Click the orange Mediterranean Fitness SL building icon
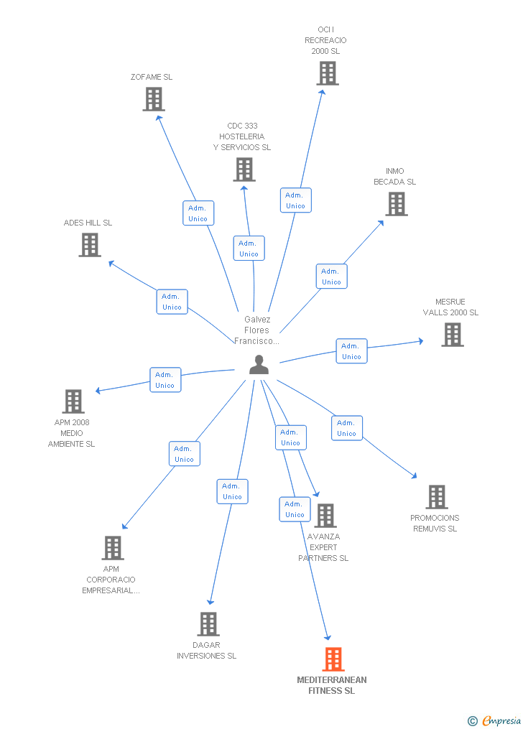tap(333, 659)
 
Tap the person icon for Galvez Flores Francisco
tap(259, 365)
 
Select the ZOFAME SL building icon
tap(154, 99)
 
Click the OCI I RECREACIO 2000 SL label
tap(325, 40)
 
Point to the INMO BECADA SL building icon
tap(397, 204)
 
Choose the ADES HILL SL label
tap(88, 223)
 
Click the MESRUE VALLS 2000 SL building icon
tap(453, 335)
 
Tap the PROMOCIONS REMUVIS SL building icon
tap(437, 497)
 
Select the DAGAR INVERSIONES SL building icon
tap(208, 624)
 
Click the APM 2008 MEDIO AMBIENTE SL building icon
tap(73, 401)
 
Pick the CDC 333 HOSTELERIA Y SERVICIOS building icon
tap(244, 170)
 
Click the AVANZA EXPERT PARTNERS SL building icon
tap(325, 515)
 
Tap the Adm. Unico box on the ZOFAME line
tap(198, 213)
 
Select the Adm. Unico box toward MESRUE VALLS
tap(351, 351)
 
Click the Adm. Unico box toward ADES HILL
tap(172, 302)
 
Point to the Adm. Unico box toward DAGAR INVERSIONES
tap(233, 491)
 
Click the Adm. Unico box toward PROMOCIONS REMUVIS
tap(347, 428)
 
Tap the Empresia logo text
tap(501, 721)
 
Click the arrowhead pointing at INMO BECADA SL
tap(381, 223)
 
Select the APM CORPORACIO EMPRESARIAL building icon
tap(113, 548)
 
